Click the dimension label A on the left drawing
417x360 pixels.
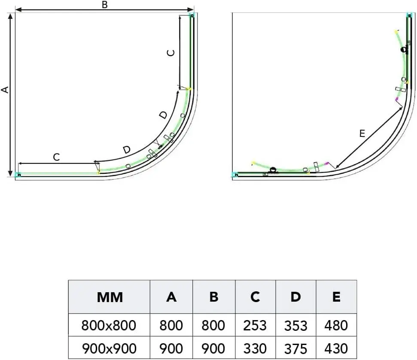[5, 90]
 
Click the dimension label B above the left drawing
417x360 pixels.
[105, 5]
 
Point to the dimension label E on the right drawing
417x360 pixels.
[362, 133]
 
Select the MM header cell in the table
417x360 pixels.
[110, 297]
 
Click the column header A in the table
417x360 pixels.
[171, 297]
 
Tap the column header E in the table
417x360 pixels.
[336, 297]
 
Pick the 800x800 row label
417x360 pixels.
[109, 326]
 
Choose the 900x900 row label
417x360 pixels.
[109, 348]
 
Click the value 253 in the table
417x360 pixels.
[255, 326]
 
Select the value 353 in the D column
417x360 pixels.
[296, 326]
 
